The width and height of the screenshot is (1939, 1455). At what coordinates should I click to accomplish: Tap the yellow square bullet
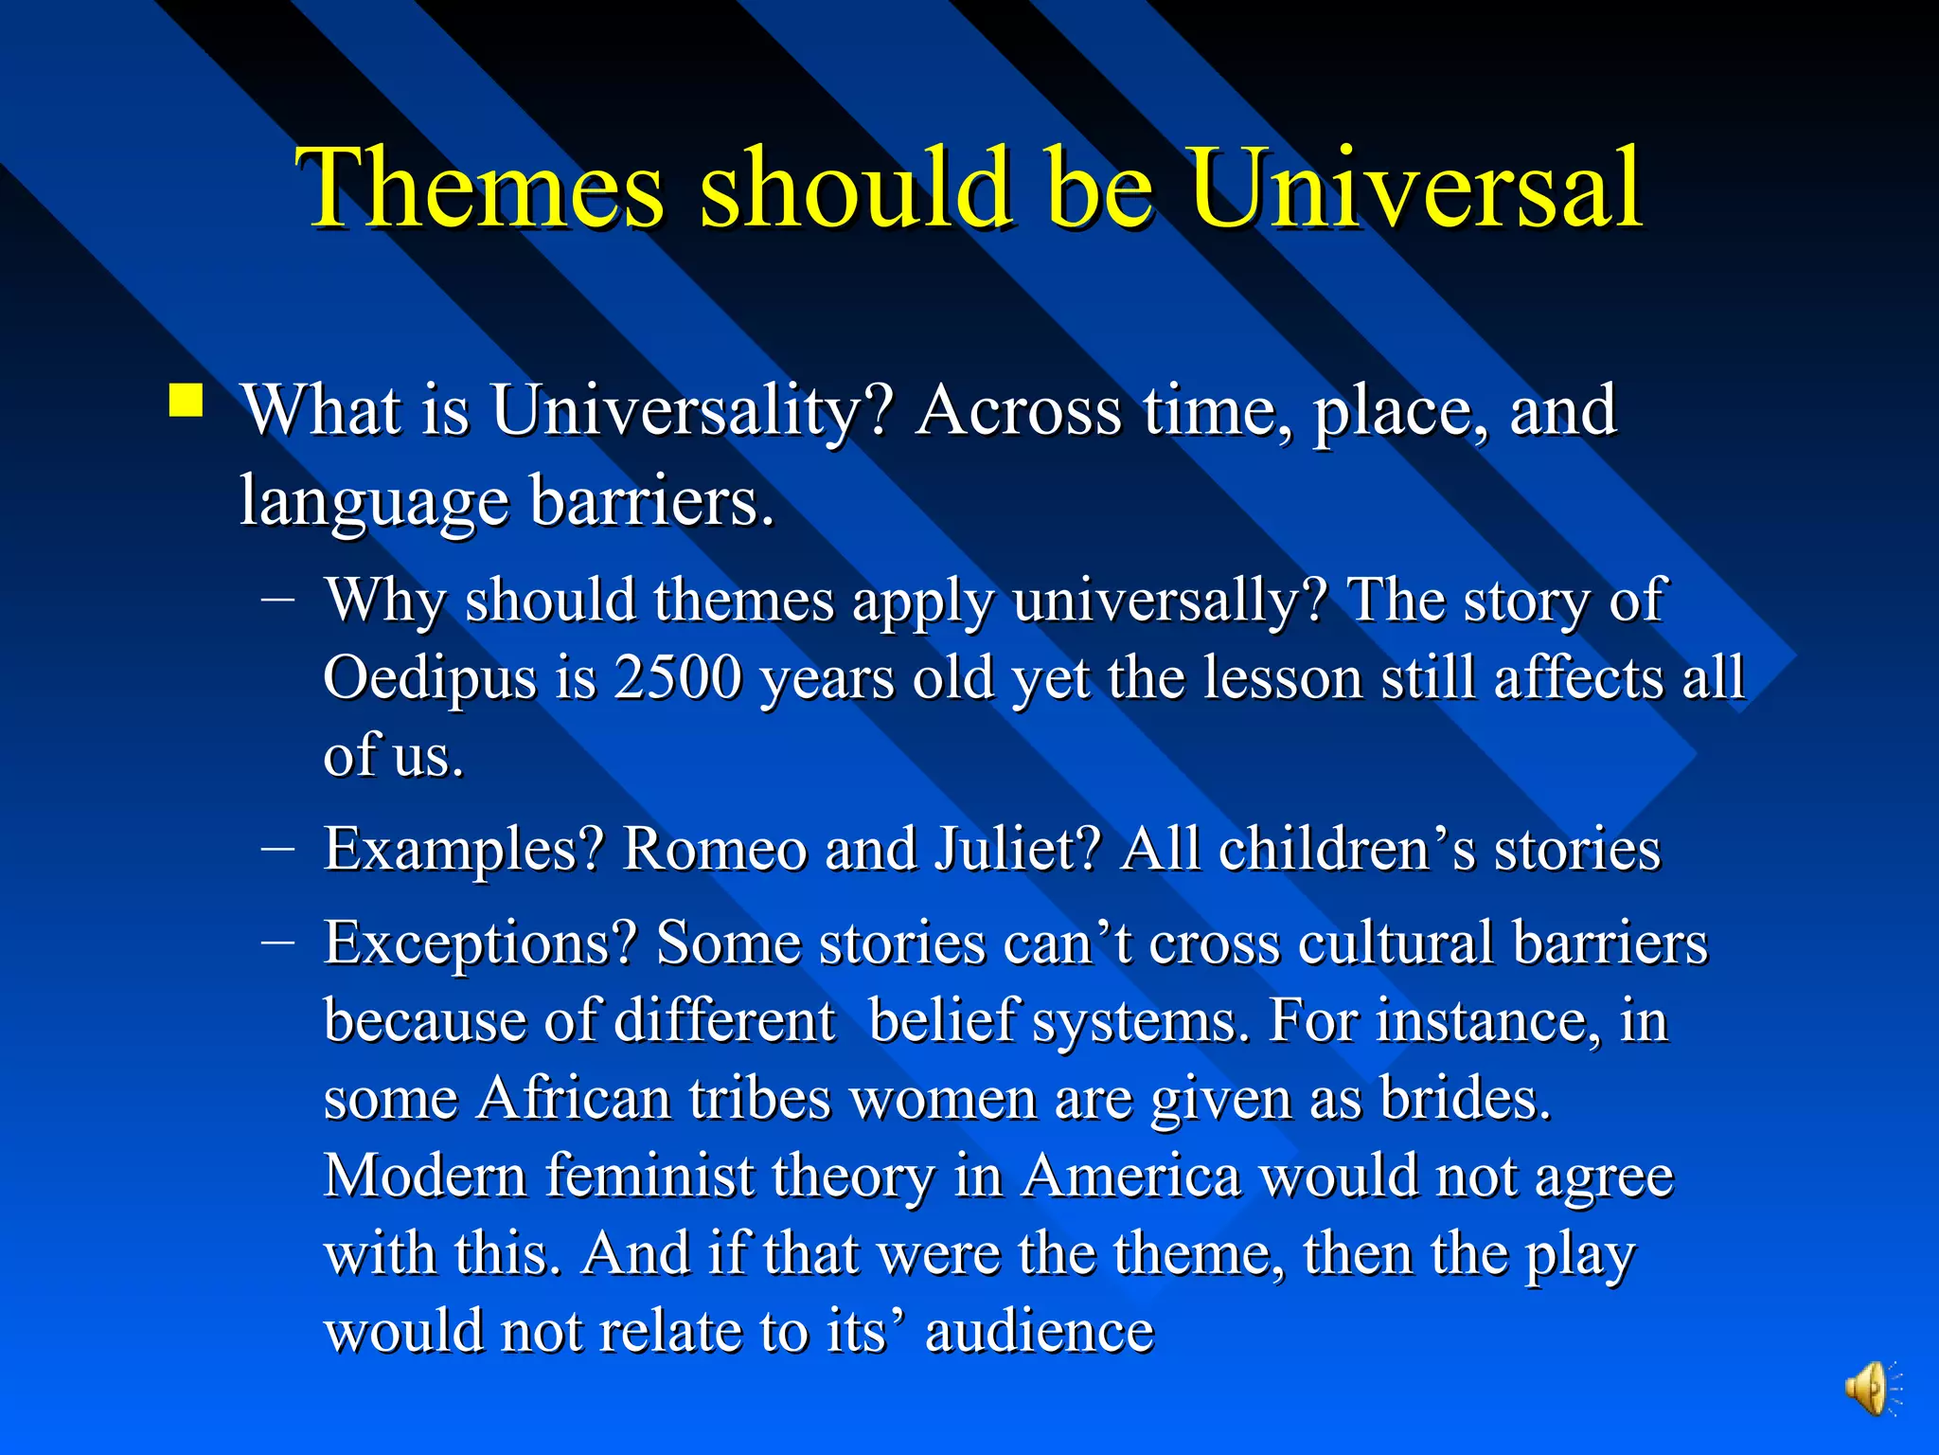pos(186,401)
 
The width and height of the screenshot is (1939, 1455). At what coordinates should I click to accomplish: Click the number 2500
pos(677,678)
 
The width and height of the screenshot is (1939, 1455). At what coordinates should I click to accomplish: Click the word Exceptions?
pos(480,944)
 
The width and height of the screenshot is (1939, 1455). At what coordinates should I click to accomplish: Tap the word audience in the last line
pos(1039,1331)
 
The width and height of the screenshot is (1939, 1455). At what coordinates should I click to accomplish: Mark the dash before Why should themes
pos(277,598)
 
